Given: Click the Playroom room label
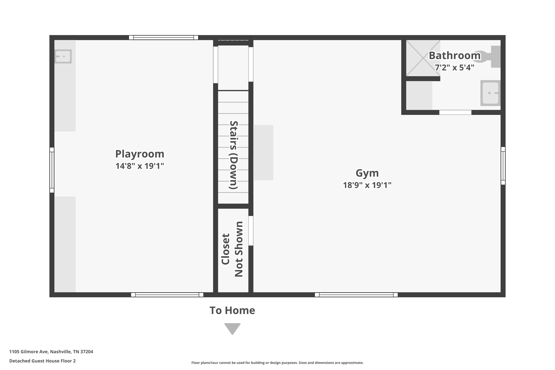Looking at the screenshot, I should point(140,154).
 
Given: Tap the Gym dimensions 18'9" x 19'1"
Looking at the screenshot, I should point(367,185).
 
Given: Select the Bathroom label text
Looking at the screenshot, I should point(454,56).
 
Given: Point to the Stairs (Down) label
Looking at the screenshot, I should point(233,155).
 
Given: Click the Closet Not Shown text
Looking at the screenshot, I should point(232,249).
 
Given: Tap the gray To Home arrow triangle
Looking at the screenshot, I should point(232,328).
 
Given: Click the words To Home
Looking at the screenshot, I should point(232,310).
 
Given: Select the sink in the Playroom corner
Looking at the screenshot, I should point(63,56).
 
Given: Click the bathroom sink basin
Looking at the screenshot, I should point(490,93).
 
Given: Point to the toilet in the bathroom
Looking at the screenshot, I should point(488,57).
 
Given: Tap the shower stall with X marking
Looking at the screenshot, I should point(423,58).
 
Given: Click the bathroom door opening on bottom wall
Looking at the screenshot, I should point(455,112).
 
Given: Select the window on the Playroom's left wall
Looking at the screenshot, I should point(52,170).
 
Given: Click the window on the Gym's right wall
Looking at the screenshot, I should point(503,166).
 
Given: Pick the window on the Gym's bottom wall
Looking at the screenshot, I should point(356,295).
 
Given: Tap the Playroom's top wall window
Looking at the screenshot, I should point(163,38).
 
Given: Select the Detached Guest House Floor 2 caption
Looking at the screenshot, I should point(43,361).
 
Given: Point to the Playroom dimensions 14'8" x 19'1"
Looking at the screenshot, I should point(140,166).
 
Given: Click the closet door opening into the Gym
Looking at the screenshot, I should point(251,231).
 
